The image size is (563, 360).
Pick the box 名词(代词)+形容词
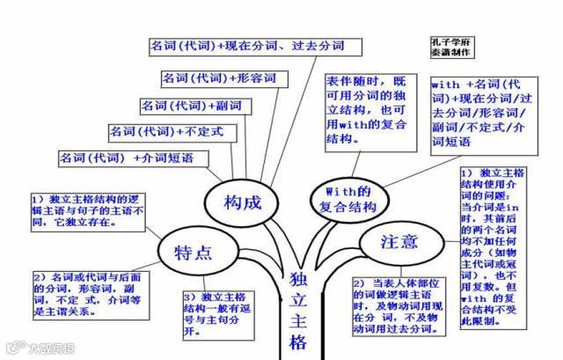219,78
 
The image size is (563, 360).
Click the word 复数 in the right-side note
500,286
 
